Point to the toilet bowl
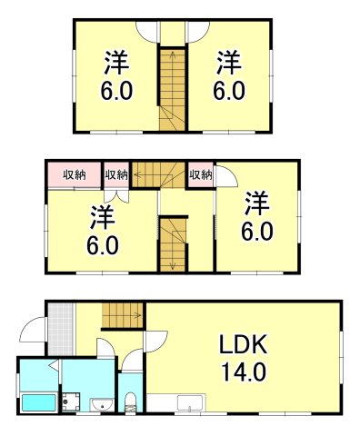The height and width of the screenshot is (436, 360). pos(131,401)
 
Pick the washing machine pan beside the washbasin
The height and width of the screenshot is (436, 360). pos(72,401)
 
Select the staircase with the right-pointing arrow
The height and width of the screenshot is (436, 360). pos(120,315)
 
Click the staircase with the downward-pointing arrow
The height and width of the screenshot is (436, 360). pos(172,243)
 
